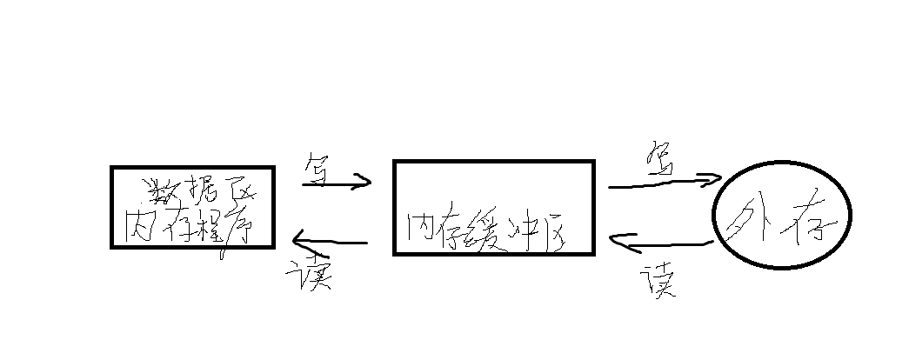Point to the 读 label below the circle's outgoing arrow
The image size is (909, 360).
click(658, 281)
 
